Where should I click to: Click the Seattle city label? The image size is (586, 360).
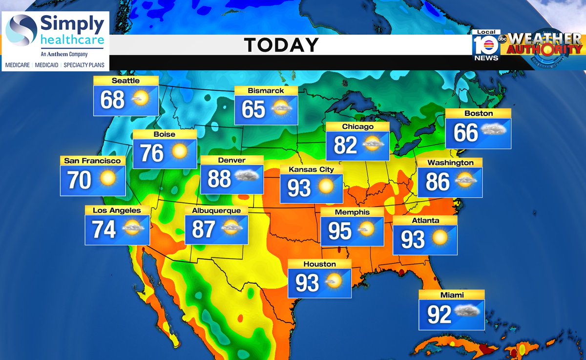pos(126,81)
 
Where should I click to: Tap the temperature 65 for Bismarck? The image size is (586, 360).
pos(253,109)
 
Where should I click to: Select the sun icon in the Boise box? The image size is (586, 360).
pos(179,151)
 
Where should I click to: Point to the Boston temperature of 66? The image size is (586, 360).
pos(465,132)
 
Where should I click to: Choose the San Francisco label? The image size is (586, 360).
pos(92,160)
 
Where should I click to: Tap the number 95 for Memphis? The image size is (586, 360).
pos(339,231)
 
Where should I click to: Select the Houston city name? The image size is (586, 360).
pos(319,264)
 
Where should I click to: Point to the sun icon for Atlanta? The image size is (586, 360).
pos(439,238)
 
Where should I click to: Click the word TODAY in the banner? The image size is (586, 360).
pos(281,45)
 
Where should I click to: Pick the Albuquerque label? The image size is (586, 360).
pos(216,211)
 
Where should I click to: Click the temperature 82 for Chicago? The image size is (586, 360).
pos(345,145)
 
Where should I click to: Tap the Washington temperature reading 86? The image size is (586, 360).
pos(437,181)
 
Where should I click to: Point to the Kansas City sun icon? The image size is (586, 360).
pos(325,187)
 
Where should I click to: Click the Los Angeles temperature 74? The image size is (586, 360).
pos(104,229)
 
